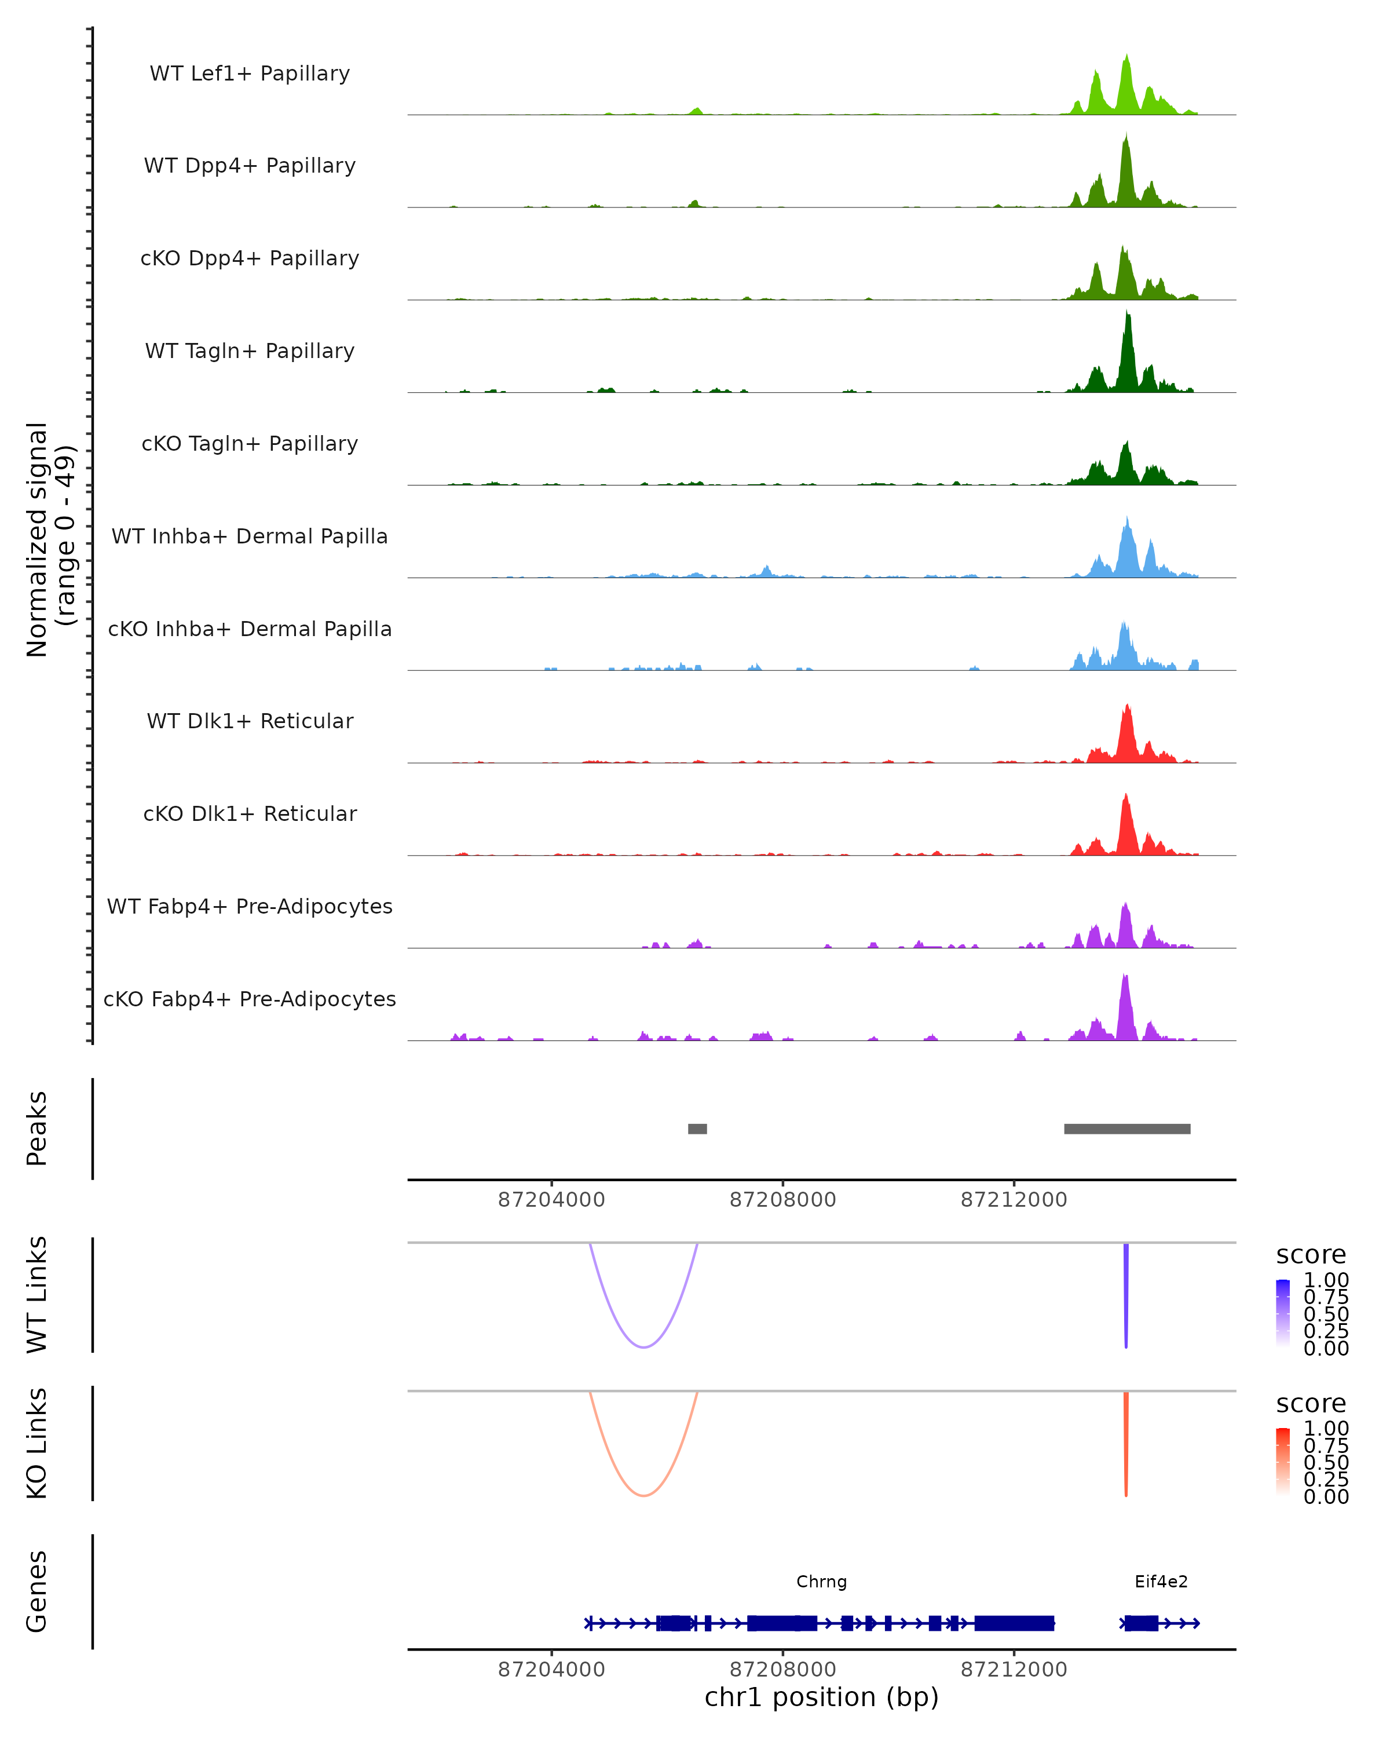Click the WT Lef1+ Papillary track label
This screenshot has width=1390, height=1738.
(250, 74)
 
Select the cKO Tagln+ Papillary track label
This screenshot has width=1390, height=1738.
(250, 443)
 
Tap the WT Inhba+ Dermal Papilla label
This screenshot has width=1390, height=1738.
(250, 536)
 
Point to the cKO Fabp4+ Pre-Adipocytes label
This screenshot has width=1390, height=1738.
(250, 999)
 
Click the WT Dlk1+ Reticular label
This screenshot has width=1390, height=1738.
(250, 721)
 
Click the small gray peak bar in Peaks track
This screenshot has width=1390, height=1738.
(697, 1129)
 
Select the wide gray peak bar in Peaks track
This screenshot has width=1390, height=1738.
(1126, 1129)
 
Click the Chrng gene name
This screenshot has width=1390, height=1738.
(821, 1582)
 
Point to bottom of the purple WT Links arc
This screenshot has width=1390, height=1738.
(643, 1347)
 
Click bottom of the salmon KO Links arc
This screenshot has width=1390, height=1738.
(643, 1495)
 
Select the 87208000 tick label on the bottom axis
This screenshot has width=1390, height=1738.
(782, 1670)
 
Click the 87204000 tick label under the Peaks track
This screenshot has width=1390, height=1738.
(551, 1200)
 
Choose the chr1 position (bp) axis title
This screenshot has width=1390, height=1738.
(821, 1697)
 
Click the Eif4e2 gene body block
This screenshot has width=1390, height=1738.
(1141, 1623)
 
